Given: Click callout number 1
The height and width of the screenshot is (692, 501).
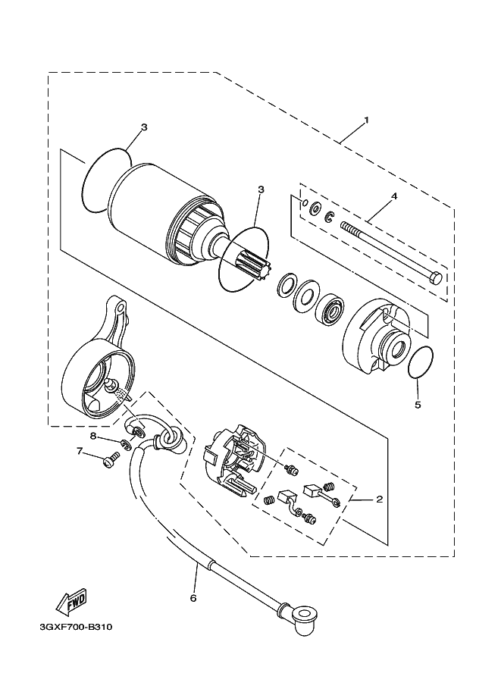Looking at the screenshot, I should click(x=367, y=121).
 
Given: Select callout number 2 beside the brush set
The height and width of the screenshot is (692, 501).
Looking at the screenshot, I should click(x=379, y=499).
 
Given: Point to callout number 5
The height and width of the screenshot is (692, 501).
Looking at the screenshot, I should click(x=418, y=405).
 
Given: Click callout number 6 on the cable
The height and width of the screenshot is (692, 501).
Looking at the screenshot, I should click(x=193, y=598).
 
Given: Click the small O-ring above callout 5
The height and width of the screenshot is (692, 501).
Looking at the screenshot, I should click(x=421, y=362).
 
